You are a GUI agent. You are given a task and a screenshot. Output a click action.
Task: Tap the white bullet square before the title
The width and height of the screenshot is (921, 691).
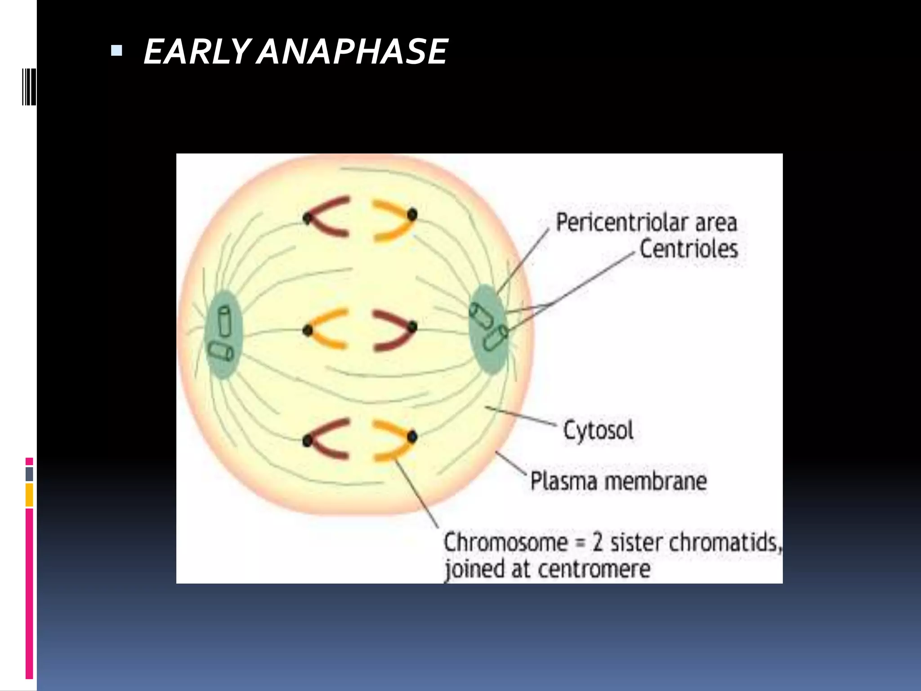pos(116,50)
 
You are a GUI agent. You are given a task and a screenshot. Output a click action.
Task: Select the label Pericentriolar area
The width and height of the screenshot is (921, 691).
pos(646,222)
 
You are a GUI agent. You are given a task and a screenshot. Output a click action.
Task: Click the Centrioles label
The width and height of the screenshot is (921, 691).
pos(689,249)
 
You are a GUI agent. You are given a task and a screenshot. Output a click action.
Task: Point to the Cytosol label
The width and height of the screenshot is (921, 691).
pos(598,431)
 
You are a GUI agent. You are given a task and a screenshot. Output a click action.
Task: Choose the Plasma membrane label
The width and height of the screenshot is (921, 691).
pos(618,481)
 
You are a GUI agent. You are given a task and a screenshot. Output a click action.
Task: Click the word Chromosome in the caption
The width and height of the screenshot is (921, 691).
pos(505,542)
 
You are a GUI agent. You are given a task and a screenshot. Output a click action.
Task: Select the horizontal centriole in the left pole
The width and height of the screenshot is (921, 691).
pos(220,351)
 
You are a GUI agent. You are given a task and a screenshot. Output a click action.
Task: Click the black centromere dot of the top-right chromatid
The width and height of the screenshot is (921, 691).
pos(412,215)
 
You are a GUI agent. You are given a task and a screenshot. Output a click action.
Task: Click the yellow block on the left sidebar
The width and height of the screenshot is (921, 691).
pos(29,495)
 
